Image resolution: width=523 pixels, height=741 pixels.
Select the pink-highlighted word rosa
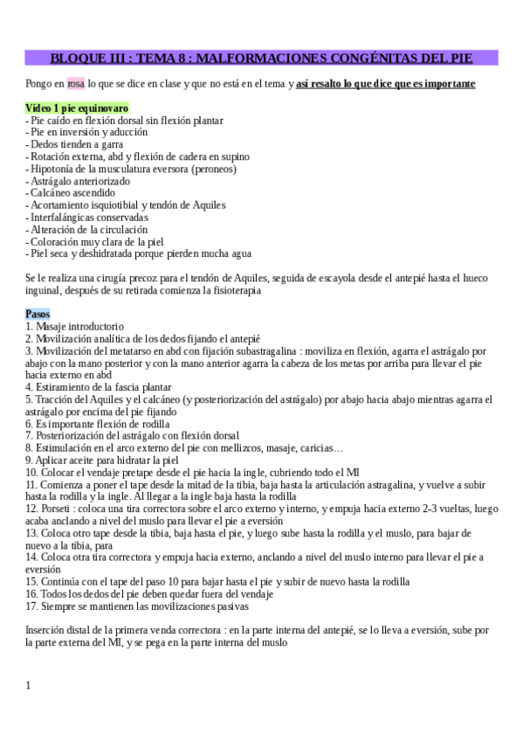tap(76, 84)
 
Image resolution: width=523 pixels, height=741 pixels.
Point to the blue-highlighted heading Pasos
tap(38, 314)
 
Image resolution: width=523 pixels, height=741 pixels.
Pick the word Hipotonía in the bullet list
tap(52, 170)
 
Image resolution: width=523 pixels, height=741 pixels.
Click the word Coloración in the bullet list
tap(55, 242)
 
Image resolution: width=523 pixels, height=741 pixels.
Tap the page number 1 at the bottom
tap(28, 685)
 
